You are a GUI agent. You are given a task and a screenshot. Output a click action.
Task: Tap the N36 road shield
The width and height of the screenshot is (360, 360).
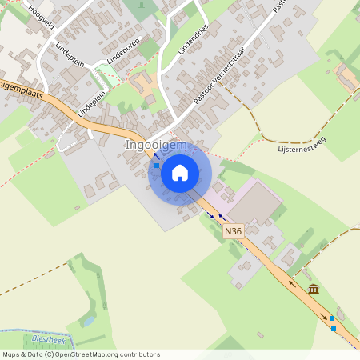pos(233,231)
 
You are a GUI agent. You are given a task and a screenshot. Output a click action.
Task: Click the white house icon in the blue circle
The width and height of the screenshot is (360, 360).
pos(180,173)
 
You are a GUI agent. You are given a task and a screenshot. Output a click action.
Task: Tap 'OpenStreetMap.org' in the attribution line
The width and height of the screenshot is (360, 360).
pos(83,354)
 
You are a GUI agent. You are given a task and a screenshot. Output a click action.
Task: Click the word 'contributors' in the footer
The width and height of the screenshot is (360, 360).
pos(138,354)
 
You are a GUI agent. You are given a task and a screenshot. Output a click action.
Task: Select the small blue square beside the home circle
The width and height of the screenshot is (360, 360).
pos(157,166)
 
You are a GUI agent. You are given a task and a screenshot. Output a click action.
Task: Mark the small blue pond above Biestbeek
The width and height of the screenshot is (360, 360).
pos(88,320)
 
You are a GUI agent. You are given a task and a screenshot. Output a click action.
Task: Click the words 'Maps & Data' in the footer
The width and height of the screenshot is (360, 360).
pos(22,354)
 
